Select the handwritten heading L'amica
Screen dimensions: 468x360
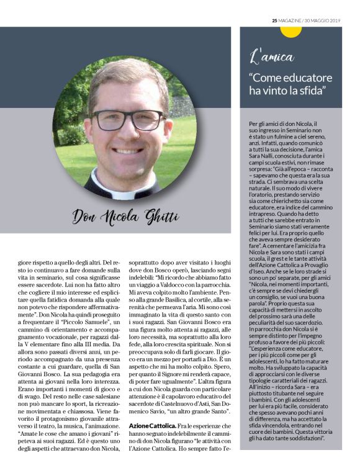point(272,57)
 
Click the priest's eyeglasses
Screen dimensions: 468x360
point(125,119)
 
